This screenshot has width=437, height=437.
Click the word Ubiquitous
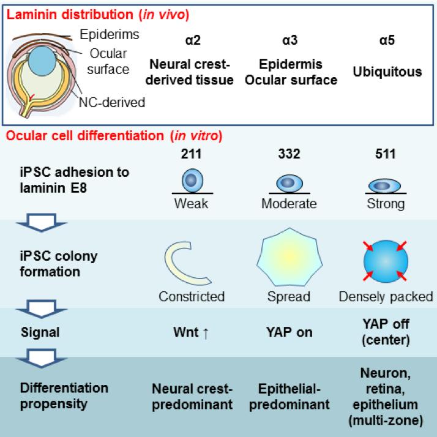click(x=387, y=72)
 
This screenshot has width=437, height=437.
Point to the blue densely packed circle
click(x=387, y=261)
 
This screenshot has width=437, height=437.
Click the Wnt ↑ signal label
click(x=192, y=332)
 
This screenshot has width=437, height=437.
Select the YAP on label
click(x=289, y=332)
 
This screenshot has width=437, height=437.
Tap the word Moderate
click(x=289, y=204)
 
